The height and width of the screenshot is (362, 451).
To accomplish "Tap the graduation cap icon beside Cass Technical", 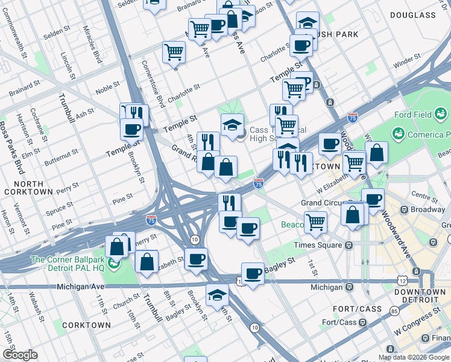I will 232,125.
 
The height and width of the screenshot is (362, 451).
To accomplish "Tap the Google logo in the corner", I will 20,355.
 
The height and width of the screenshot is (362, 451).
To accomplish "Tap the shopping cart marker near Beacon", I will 315,222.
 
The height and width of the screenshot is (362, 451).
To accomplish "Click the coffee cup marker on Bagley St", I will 253,273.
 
